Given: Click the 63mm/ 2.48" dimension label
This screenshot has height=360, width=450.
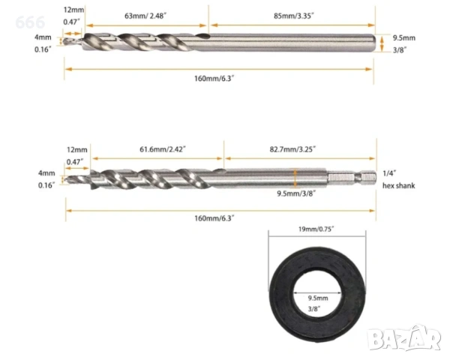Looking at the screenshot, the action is (x=145, y=16).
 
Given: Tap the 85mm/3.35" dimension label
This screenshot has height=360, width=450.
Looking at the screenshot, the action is (x=293, y=16).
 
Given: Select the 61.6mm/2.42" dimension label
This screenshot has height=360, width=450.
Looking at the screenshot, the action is (x=163, y=149).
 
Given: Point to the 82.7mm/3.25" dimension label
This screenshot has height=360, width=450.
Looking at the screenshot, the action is (x=292, y=149).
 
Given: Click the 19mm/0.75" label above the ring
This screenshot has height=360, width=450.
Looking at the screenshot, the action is (x=316, y=229).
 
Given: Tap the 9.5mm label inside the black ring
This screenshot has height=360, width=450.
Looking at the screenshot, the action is (x=318, y=298).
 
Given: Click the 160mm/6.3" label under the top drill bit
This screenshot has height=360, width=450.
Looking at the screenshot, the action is (x=214, y=78).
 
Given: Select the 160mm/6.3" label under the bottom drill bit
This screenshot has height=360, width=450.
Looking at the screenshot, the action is (x=214, y=218).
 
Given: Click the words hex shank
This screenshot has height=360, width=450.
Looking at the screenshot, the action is (x=399, y=186).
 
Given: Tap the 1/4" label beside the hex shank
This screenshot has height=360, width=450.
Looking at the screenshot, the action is (x=389, y=173).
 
